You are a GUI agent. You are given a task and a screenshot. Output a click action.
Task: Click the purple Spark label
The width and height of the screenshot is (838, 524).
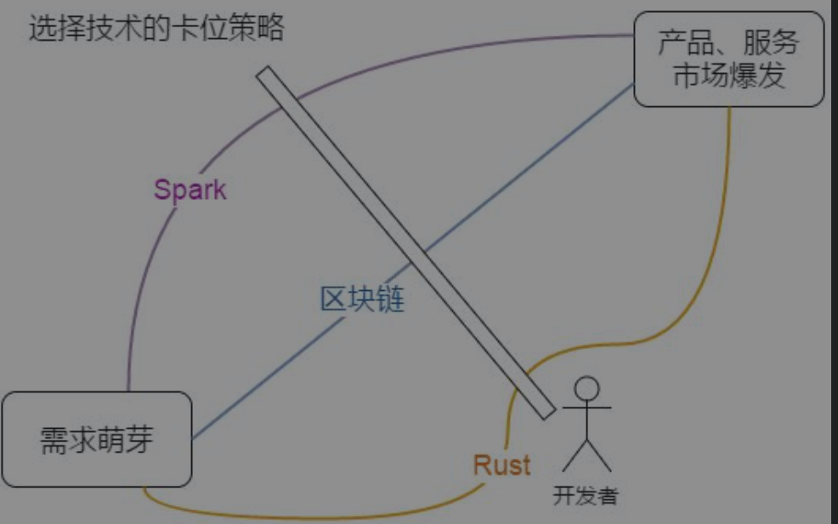pyautogui.click(x=190, y=189)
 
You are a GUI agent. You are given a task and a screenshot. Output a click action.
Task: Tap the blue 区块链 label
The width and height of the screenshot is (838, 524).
pyautogui.click(x=362, y=299)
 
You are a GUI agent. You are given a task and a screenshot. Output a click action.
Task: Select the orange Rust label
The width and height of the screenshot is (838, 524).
pyautogui.click(x=501, y=464)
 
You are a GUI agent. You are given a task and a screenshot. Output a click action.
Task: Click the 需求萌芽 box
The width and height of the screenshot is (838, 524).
pyautogui.click(x=97, y=439)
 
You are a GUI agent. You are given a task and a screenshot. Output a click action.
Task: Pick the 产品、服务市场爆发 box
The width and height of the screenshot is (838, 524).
pyautogui.click(x=728, y=59)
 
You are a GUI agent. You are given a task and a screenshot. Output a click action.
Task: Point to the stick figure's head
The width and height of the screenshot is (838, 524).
pyautogui.click(x=586, y=389)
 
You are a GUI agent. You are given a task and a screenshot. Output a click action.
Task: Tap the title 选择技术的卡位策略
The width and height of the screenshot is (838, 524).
pyautogui.click(x=156, y=29)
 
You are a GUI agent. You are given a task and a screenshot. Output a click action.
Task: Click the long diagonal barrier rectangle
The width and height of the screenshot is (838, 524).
pyautogui.click(x=406, y=242)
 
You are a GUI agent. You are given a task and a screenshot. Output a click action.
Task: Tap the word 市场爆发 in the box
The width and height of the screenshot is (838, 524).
pyautogui.click(x=728, y=77)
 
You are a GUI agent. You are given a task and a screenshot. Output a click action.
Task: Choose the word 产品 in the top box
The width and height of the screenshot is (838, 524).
pyautogui.click(x=681, y=43)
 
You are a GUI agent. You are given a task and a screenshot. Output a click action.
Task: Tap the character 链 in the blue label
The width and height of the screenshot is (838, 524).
pyautogui.click(x=390, y=299)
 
